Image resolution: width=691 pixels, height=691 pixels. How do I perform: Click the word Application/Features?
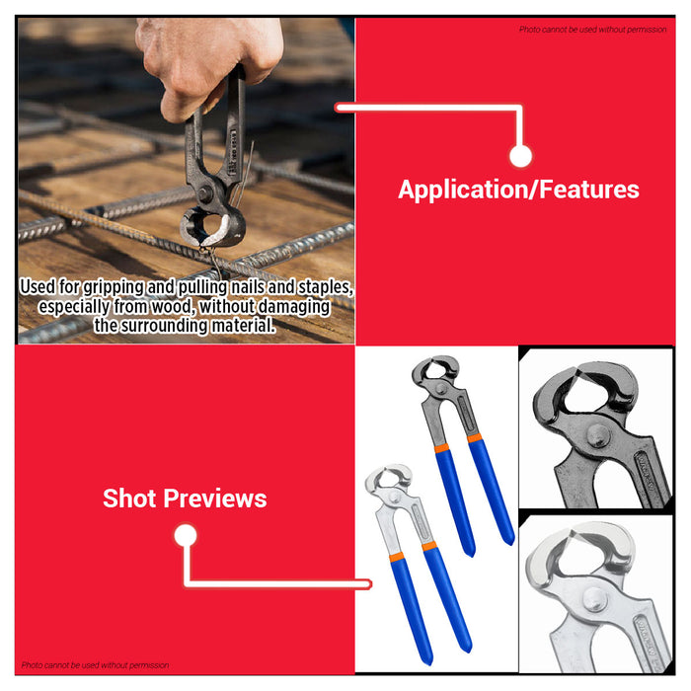tap(518, 190)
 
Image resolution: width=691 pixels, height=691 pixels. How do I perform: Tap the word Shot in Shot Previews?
tap(129, 499)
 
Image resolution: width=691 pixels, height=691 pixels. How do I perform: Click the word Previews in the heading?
tap(215, 499)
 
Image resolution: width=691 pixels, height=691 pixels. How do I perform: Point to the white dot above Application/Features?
tap(520, 156)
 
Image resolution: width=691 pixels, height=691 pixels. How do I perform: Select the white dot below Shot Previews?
tap(186, 535)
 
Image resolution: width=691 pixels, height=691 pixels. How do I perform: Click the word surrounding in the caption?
tap(164, 326)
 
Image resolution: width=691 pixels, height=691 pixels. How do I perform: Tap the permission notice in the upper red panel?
tap(592, 30)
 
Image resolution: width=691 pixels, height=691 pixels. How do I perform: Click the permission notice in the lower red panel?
tap(95, 665)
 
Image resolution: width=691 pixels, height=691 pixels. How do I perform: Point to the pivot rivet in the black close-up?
tap(599, 435)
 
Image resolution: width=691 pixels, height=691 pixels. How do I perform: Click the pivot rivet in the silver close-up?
tap(594, 600)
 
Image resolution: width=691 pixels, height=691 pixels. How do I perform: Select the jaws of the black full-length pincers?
tap(435, 369)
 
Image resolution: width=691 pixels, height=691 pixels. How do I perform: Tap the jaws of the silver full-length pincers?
tap(388, 477)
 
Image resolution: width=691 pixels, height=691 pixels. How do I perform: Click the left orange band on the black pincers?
tap(441, 448)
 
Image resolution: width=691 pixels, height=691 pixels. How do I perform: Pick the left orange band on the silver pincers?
tap(397, 557)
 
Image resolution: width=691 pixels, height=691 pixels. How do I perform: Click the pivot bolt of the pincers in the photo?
tap(205, 193)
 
